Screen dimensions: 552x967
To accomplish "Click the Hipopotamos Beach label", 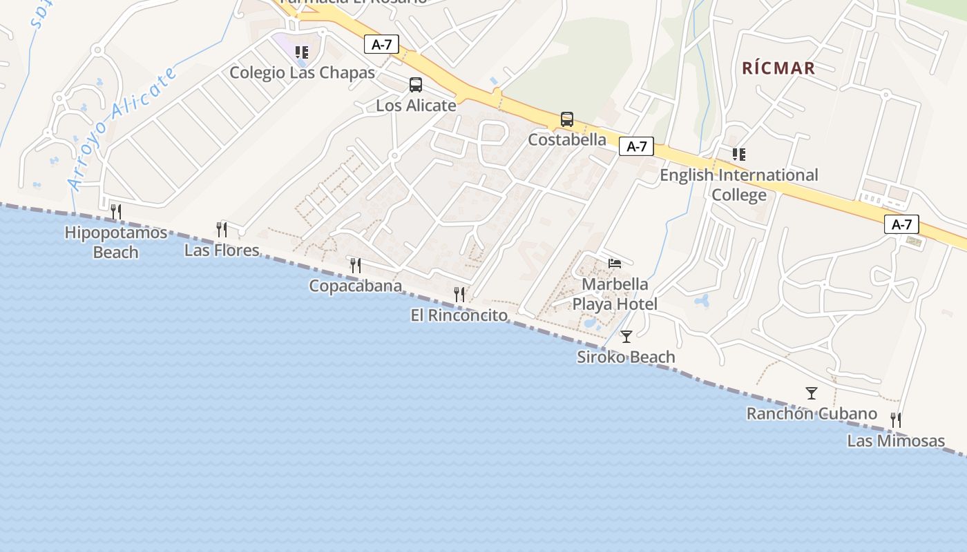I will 115,242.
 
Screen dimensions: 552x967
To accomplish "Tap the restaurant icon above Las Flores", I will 222,230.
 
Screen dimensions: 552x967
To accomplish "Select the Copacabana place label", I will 355,286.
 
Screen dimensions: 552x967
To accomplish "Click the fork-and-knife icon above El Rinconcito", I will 459,295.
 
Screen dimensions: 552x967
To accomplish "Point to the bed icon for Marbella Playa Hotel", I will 615,263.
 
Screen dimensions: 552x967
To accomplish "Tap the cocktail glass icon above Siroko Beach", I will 626,337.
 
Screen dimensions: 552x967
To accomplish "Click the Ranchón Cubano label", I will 812,414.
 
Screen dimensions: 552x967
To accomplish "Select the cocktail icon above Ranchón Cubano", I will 812,393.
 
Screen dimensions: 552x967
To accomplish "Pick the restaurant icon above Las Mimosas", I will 896,420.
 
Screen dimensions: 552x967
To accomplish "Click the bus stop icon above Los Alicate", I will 416,85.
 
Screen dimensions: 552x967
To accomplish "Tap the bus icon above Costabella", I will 567,119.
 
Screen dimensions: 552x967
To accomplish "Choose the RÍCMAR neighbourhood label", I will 778,68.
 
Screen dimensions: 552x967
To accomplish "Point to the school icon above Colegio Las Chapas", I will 302,52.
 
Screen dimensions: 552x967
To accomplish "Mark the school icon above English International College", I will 739,155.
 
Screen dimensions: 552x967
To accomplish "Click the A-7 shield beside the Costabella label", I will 636,146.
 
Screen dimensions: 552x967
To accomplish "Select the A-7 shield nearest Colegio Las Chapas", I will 382,45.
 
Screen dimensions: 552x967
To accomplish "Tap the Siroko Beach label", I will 626,357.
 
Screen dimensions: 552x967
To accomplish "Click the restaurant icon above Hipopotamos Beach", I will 116,212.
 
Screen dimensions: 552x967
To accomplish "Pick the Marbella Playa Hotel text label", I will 615,294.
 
